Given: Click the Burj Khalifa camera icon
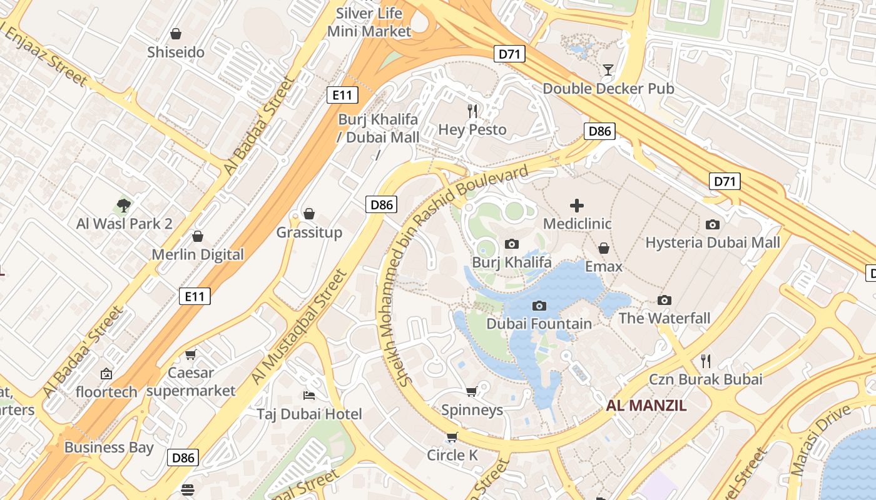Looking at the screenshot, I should (x=512, y=244).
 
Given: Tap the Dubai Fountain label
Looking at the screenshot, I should (x=539, y=324).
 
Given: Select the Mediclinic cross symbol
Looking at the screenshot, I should (x=577, y=205).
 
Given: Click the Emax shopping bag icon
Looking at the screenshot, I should (x=604, y=249).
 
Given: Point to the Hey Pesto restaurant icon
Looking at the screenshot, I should (x=472, y=111).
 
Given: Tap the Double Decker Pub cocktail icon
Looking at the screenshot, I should (x=608, y=69).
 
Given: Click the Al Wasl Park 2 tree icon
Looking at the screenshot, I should (x=124, y=205).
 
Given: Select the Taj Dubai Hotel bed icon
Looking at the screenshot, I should (x=308, y=396).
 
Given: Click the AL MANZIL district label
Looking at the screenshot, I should (x=646, y=406).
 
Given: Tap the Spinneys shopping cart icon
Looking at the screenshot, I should (x=472, y=391).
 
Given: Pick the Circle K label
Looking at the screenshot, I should (x=452, y=455).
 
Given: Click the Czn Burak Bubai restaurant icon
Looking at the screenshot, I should (x=706, y=361).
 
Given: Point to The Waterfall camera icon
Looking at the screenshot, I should (x=665, y=301).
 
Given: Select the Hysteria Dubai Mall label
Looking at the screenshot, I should (x=713, y=242).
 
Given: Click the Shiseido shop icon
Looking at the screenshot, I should (x=176, y=34).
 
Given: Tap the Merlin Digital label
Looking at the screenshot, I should (x=198, y=254).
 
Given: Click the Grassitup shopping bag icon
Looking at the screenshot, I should (x=309, y=214).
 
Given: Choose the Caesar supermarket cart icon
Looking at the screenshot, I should (x=191, y=354).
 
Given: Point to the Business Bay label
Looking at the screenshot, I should (x=109, y=447).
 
